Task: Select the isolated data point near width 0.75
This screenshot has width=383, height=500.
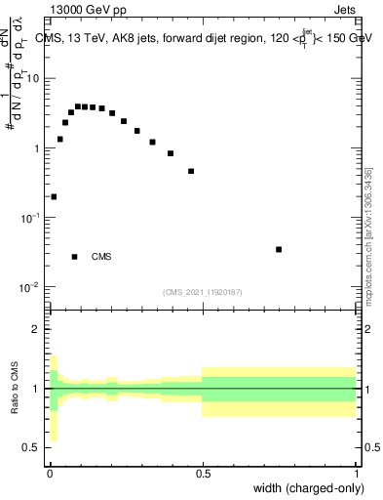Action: (x=279, y=249)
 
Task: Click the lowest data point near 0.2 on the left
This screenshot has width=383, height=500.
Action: (x=54, y=196)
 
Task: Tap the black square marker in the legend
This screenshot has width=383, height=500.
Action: (x=74, y=257)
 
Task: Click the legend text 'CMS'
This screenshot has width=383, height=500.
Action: (x=101, y=258)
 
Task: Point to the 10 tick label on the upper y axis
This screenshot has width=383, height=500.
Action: (x=35, y=78)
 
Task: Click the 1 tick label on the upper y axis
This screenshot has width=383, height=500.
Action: (x=38, y=148)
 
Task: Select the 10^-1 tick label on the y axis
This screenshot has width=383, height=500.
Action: (x=33, y=218)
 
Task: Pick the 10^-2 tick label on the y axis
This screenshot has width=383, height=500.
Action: (x=33, y=287)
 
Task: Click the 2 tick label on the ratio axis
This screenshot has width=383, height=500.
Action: (x=38, y=329)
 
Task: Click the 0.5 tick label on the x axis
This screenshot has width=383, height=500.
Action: (x=203, y=473)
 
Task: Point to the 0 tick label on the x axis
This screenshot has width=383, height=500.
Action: (x=50, y=473)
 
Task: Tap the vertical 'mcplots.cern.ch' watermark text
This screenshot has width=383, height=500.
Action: (x=368, y=234)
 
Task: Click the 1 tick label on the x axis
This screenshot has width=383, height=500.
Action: (x=356, y=473)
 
